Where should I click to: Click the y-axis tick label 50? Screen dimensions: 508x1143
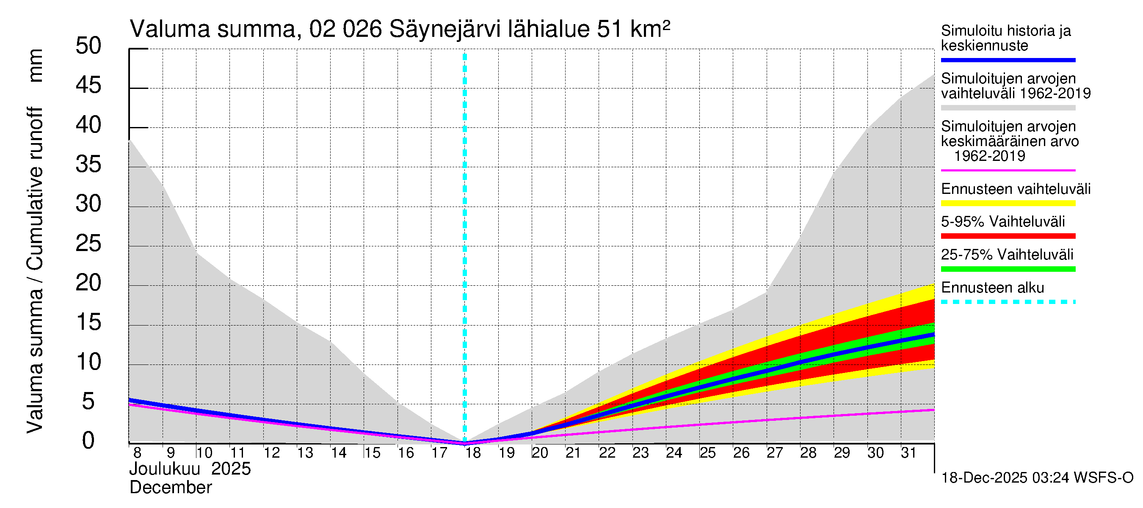tap(88, 46)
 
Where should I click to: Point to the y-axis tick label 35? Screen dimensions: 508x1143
tap(88, 165)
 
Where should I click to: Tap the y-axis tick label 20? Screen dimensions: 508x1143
tap(88, 283)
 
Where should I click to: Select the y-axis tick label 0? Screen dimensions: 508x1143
tap(88, 441)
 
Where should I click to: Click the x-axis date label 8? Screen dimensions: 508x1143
tap(137, 453)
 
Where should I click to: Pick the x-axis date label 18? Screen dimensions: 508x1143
tap(473, 453)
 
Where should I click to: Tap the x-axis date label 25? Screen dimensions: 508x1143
tap(708, 453)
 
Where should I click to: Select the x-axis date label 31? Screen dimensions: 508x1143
tap(908, 453)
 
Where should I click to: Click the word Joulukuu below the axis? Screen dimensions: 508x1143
tap(165, 469)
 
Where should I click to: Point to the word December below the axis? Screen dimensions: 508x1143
tap(170, 488)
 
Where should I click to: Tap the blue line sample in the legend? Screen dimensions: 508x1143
tap(1008, 60)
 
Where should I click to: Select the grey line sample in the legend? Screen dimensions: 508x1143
tap(1008, 108)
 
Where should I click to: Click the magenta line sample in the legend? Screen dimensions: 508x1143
tap(1008, 170)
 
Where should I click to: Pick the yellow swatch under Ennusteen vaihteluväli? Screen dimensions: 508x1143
tap(1008, 204)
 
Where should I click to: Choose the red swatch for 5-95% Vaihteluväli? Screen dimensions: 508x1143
tap(1008, 236)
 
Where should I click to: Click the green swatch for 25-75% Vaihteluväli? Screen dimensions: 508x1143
tap(1008, 269)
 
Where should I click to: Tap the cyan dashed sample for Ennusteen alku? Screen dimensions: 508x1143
tap(1008, 302)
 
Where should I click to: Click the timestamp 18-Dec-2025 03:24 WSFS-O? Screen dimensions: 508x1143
tap(1037, 478)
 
